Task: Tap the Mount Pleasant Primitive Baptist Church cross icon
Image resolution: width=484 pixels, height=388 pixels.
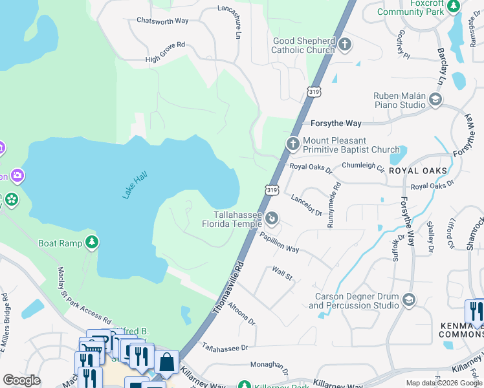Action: point(292,144)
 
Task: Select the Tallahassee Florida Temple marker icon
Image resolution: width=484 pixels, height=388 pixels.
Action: point(272,219)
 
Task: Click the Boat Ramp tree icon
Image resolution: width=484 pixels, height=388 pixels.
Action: point(93,242)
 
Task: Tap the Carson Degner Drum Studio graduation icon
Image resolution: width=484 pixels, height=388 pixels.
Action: point(408,299)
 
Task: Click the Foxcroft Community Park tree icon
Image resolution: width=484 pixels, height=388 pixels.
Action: point(454,6)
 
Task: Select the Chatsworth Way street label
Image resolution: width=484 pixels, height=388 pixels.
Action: point(162,21)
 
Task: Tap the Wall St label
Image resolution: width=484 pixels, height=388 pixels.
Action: point(283,274)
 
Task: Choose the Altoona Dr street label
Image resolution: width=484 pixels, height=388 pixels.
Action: point(241,314)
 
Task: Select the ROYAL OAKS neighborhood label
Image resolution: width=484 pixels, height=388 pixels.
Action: point(422,171)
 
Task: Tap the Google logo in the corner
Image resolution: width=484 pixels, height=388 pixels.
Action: point(21,380)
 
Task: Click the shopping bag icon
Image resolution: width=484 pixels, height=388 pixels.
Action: point(166,362)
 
